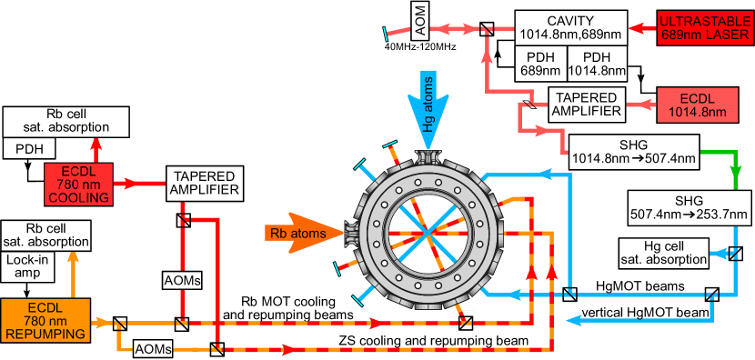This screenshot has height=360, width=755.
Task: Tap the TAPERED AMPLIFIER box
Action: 204,183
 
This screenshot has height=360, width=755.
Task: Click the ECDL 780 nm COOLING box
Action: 77,183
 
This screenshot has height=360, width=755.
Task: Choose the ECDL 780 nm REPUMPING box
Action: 45,320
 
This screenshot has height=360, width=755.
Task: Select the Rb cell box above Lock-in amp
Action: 45,235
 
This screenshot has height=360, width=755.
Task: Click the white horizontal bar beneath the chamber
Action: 418,312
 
